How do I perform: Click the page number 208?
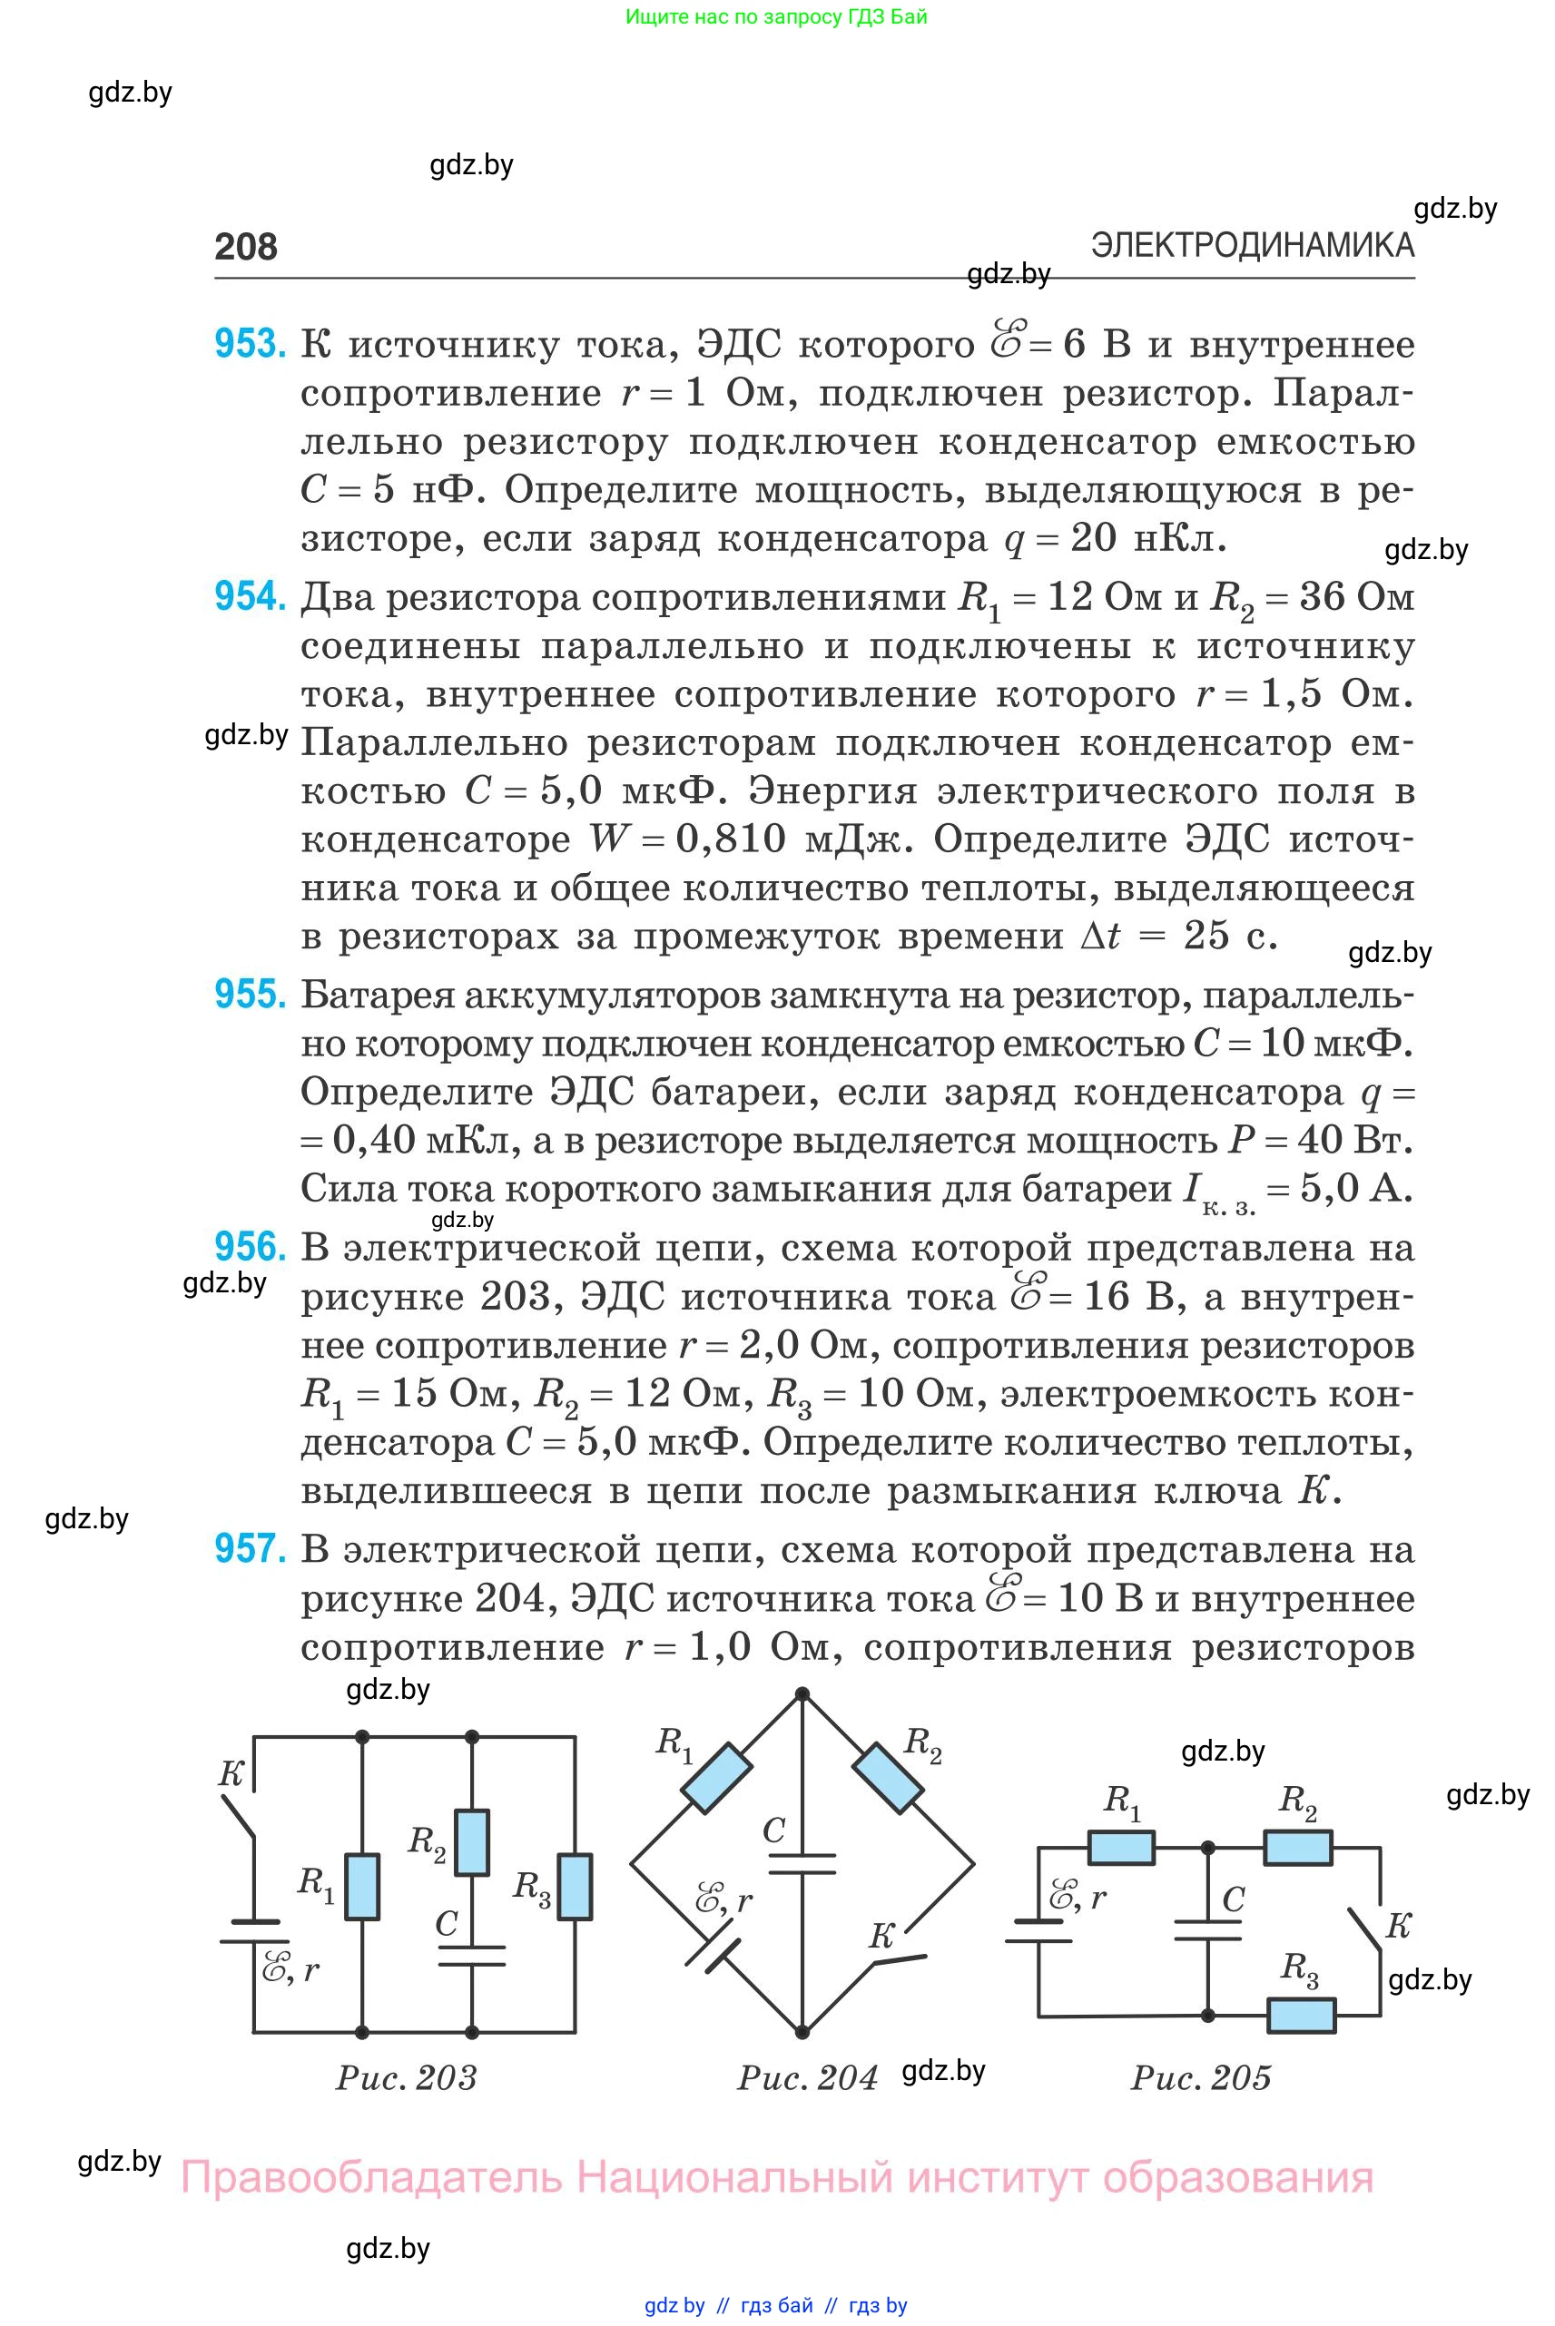coord(246,246)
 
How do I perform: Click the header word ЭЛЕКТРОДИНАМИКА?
coord(1253,245)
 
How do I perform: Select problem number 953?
coord(250,344)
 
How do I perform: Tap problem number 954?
coord(250,596)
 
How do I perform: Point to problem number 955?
coord(250,994)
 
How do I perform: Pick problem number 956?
coord(250,1246)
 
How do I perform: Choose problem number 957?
coord(250,1547)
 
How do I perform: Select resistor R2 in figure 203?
coord(472,1841)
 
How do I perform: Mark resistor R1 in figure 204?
coord(715,1778)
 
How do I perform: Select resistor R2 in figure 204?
coord(889,1778)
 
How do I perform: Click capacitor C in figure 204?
coord(802,1863)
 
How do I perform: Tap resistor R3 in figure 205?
coord(1302,2014)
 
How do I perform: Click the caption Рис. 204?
coord(807,2077)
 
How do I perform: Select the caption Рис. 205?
coord(1201,2077)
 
